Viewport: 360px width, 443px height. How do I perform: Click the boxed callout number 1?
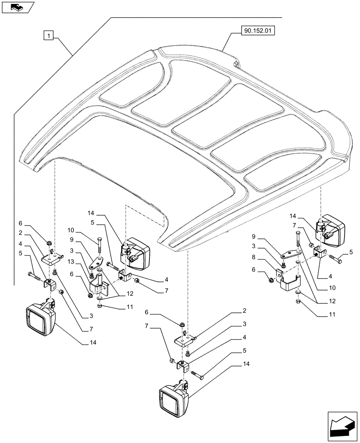point(49,35)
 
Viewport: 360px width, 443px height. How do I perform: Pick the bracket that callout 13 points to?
point(100,286)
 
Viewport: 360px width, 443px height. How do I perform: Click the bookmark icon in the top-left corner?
point(17,7)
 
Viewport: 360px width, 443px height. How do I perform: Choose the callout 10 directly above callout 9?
point(71,231)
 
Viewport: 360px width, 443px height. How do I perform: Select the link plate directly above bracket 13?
point(95,264)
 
